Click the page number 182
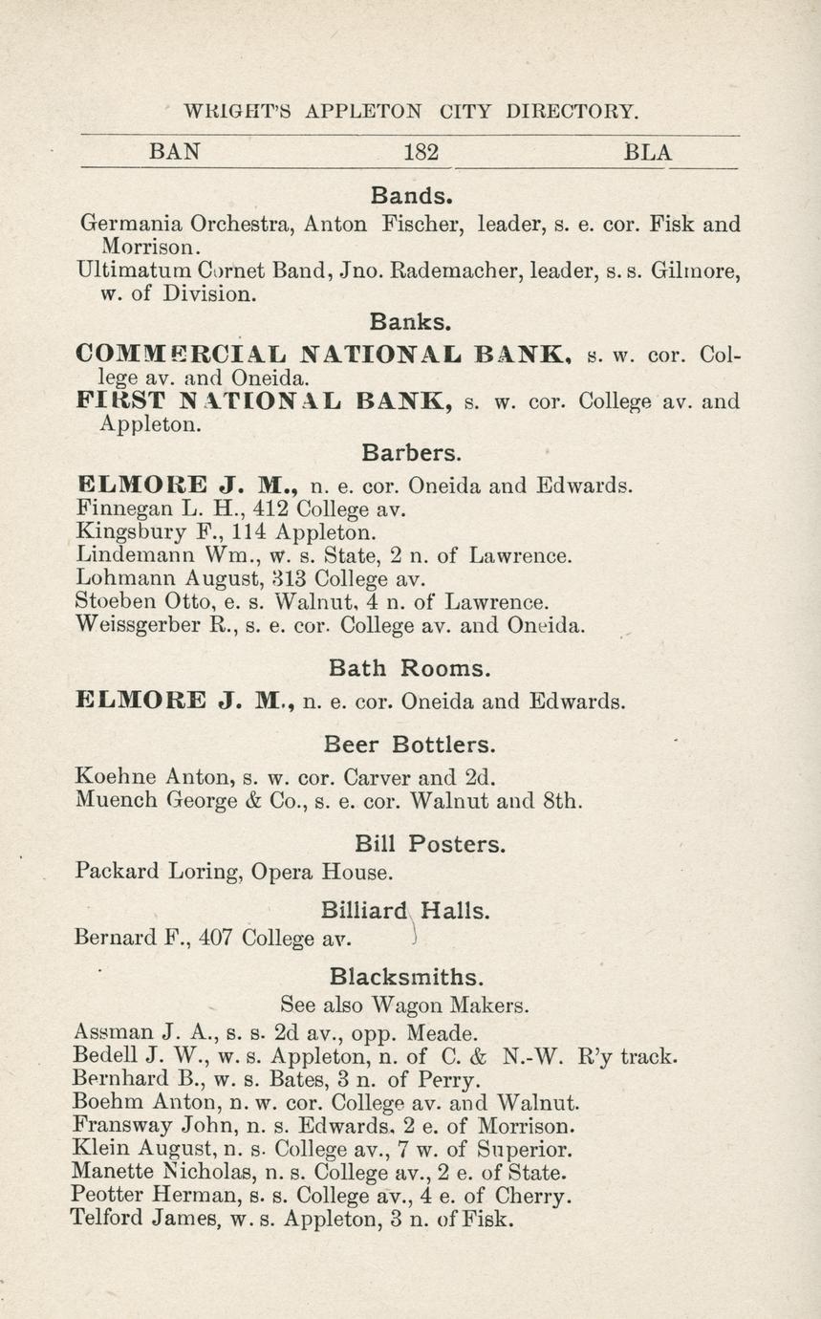coord(421,152)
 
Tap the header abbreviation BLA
coord(648,152)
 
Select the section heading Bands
coord(410,196)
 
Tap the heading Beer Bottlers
coord(410,744)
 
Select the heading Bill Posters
coord(429,844)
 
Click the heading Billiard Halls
coord(406,911)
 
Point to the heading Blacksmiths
coord(406,977)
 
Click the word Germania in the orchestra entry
coord(130,225)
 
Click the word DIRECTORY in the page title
coord(571,112)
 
